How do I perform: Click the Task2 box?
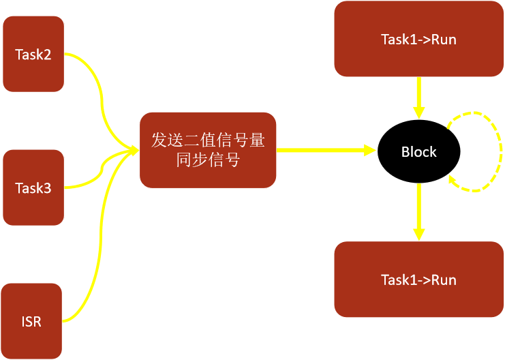[x=33, y=55]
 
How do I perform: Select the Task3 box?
[x=33, y=187]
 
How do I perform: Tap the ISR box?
[x=32, y=320]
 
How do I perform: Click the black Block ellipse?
[x=418, y=151]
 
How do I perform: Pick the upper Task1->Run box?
[x=418, y=39]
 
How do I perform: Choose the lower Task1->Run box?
[x=418, y=280]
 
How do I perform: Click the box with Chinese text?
[x=208, y=150]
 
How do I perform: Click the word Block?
[x=418, y=151]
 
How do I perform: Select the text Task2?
[x=33, y=55]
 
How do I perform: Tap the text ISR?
[x=32, y=320]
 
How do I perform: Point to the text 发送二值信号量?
[x=208, y=141]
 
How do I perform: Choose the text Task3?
[x=33, y=187]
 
